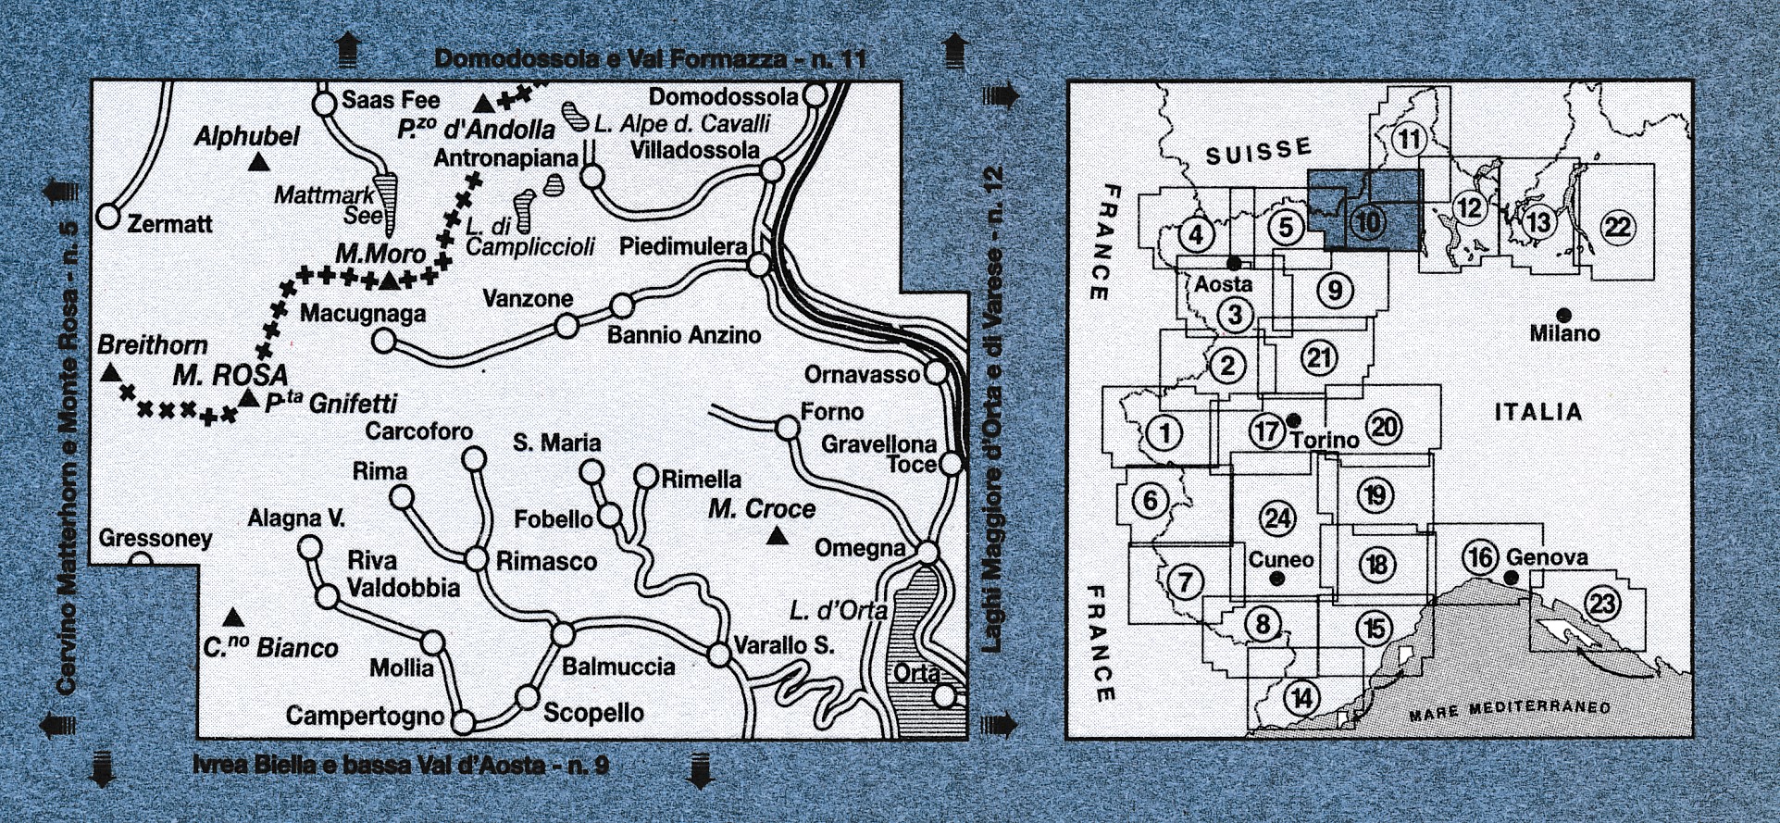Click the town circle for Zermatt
pyautogui.click(x=108, y=218)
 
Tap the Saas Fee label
pyautogui.click(x=391, y=100)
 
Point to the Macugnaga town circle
pyautogui.click(x=383, y=342)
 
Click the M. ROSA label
pyautogui.click(x=230, y=375)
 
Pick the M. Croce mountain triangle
pyautogui.click(x=778, y=536)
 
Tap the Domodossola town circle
pyautogui.click(x=815, y=95)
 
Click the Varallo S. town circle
pyautogui.click(x=719, y=655)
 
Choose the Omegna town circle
pyautogui.click(x=927, y=552)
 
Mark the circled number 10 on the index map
pyautogui.click(x=1367, y=222)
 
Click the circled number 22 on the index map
pyautogui.click(x=1617, y=227)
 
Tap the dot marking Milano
pyautogui.click(x=1563, y=315)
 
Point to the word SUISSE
pyautogui.click(x=1258, y=151)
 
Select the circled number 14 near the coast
pyautogui.click(x=1301, y=697)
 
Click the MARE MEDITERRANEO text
pyautogui.click(x=1509, y=711)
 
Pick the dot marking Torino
pyautogui.click(x=1293, y=420)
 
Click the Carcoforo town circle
pyautogui.click(x=474, y=459)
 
